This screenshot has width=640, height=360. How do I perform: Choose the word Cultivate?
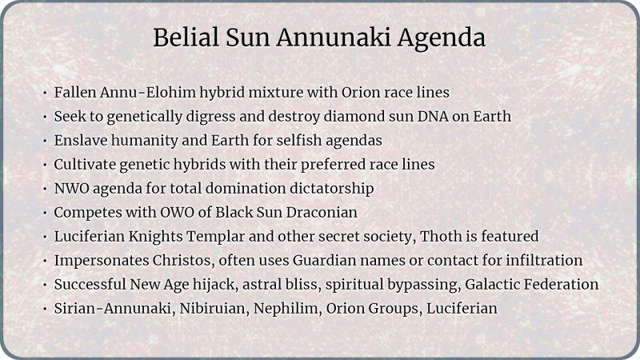tap(86, 165)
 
